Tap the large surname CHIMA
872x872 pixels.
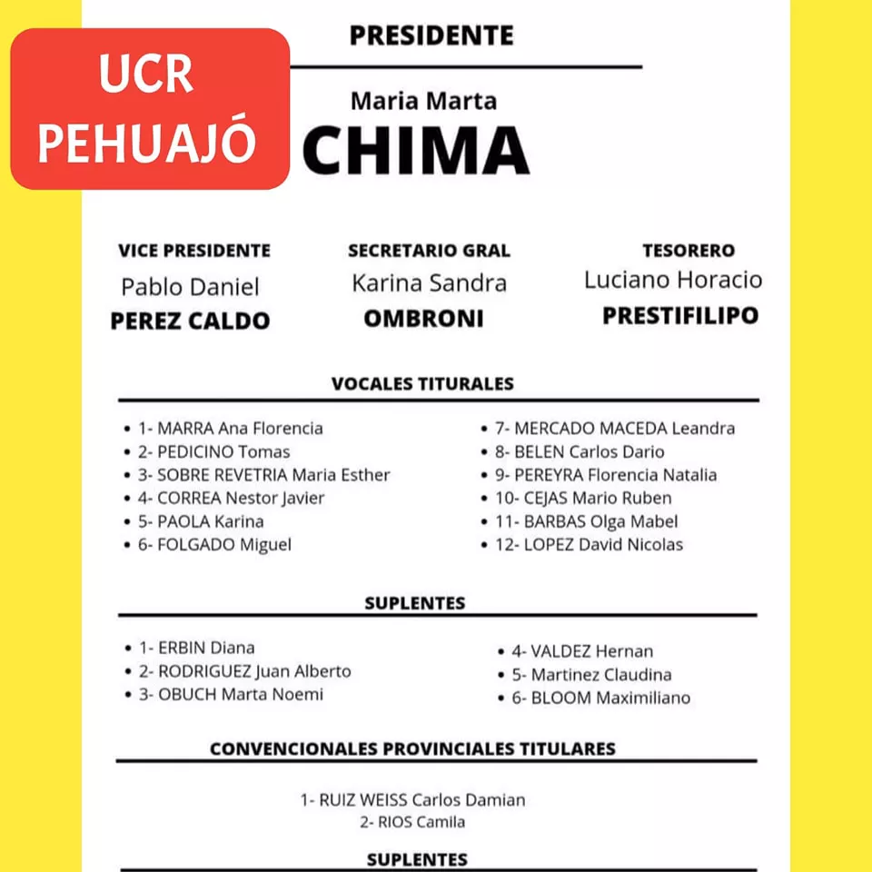(x=415, y=150)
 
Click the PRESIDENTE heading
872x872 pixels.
(x=431, y=35)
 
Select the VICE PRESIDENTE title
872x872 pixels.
(x=194, y=251)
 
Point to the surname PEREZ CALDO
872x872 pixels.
(x=190, y=321)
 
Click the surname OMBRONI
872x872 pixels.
(x=423, y=319)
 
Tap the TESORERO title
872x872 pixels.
(x=689, y=251)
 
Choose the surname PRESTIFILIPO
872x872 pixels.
(x=680, y=316)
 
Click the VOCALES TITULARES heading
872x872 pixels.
(x=422, y=383)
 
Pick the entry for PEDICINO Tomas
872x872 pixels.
(x=214, y=451)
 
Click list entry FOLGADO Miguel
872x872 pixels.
(x=214, y=545)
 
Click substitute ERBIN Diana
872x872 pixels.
(x=196, y=648)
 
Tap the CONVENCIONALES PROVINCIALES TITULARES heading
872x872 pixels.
(x=412, y=749)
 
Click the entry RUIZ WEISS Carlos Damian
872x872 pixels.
(x=413, y=800)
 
